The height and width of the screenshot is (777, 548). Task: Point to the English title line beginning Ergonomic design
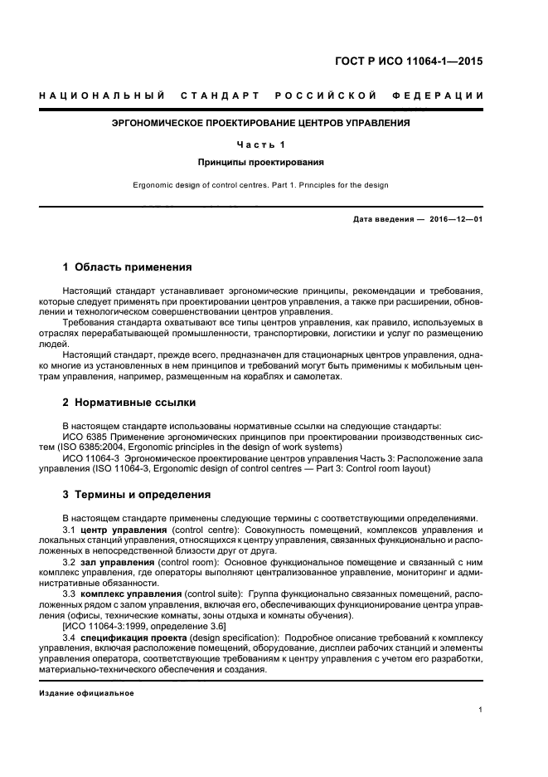click(x=261, y=185)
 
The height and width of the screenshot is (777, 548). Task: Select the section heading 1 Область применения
click(x=128, y=268)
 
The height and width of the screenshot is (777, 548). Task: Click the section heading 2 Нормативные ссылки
click(x=130, y=403)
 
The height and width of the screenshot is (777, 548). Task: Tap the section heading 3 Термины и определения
click(x=138, y=496)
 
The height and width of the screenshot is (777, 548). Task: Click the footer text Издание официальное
click(x=86, y=692)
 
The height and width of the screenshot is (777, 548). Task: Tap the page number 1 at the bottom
click(x=482, y=710)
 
